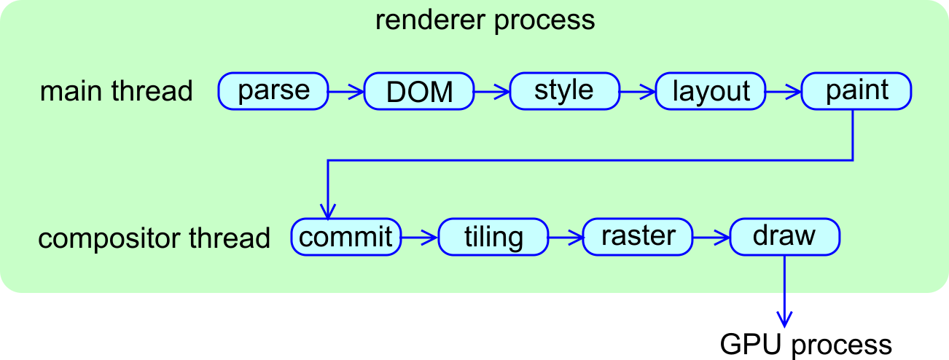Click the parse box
273,91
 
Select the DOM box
419,91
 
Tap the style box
565,91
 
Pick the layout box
711,91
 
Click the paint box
856,91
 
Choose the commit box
346,237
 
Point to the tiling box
493,237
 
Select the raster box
638,237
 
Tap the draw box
785,237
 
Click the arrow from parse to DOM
346,92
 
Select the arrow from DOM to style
492,92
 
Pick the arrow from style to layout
638,92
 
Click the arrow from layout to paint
784,92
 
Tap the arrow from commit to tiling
420,237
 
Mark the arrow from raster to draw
712,237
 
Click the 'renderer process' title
485,20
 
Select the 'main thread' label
117,92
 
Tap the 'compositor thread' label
154,238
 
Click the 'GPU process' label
805,344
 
